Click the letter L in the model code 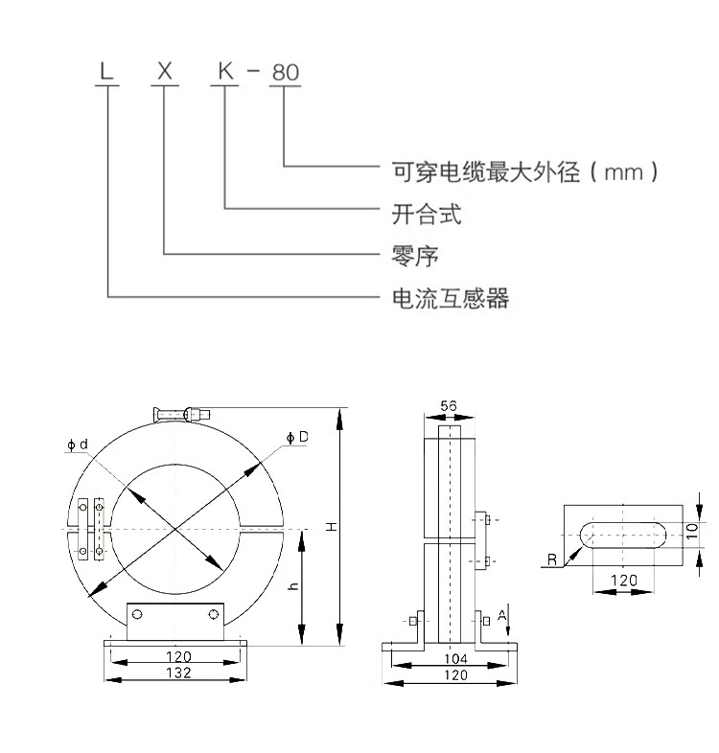coord(106,71)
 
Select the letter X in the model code coord(165,71)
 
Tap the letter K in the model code coord(225,71)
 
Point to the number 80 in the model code coord(286,73)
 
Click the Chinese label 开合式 coord(427,215)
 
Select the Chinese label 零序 coord(415,256)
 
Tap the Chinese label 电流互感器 coord(450,298)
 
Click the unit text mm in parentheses coord(623,172)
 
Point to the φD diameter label coord(297,437)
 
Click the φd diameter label coord(78,445)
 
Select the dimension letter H coord(332,527)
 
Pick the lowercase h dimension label coord(293,585)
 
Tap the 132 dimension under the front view coord(178,673)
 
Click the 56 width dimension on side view coord(449,406)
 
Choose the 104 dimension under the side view coord(455,658)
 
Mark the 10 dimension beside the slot coord(691,531)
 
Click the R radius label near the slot coord(552,559)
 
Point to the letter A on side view coord(502,615)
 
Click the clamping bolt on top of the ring coord(182,414)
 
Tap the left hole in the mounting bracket coord(137,614)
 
